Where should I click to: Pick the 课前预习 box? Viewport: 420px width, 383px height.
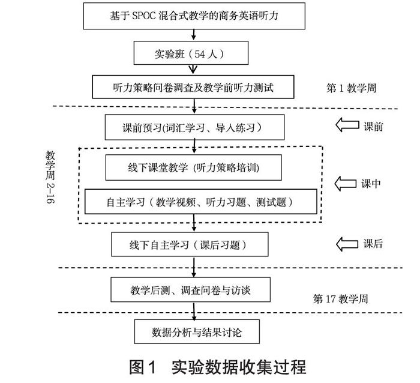tap(193, 127)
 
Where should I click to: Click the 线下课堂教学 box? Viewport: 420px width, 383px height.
tap(193, 167)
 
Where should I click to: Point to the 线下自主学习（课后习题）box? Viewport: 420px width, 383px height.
tap(188, 244)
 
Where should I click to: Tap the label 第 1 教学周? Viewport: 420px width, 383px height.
tap(352, 88)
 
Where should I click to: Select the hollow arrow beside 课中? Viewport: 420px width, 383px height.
tap(345, 183)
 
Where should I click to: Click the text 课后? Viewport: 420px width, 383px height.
tap(373, 244)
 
